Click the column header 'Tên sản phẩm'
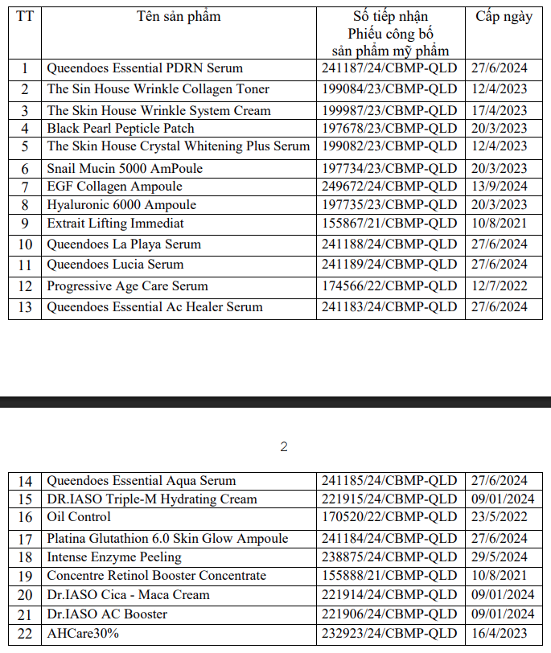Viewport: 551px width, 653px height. (x=179, y=16)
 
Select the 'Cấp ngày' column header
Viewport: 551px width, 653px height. (x=504, y=16)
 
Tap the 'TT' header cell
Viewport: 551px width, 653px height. (x=25, y=16)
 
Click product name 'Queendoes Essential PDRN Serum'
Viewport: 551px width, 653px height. (x=145, y=68)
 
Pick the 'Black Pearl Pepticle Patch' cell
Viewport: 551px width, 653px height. (x=121, y=128)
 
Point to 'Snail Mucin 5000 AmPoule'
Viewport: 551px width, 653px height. (x=125, y=168)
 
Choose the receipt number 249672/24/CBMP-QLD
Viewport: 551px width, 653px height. (x=389, y=187)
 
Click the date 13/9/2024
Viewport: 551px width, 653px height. (x=499, y=187)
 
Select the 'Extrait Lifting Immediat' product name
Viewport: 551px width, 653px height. (x=115, y=223)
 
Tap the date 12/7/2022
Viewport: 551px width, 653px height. (x=499, y=285)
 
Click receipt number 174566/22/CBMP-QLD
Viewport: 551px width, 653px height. (x=389, y=285)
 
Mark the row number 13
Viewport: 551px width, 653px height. (x=25, y=306)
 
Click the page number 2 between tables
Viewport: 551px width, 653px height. (x=283, y=447)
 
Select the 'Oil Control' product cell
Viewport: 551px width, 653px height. (x=79, y=517)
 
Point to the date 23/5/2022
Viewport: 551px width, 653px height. (x=499, y=517)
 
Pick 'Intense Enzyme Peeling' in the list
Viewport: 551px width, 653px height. (x=114, y=556)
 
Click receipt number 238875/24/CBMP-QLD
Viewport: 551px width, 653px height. (x=389, y=556)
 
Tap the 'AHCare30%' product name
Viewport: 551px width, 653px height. (x=83, y=634)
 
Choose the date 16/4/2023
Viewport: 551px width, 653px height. (x=499, y=634)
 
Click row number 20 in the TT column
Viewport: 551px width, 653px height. (x=25, y=595)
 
